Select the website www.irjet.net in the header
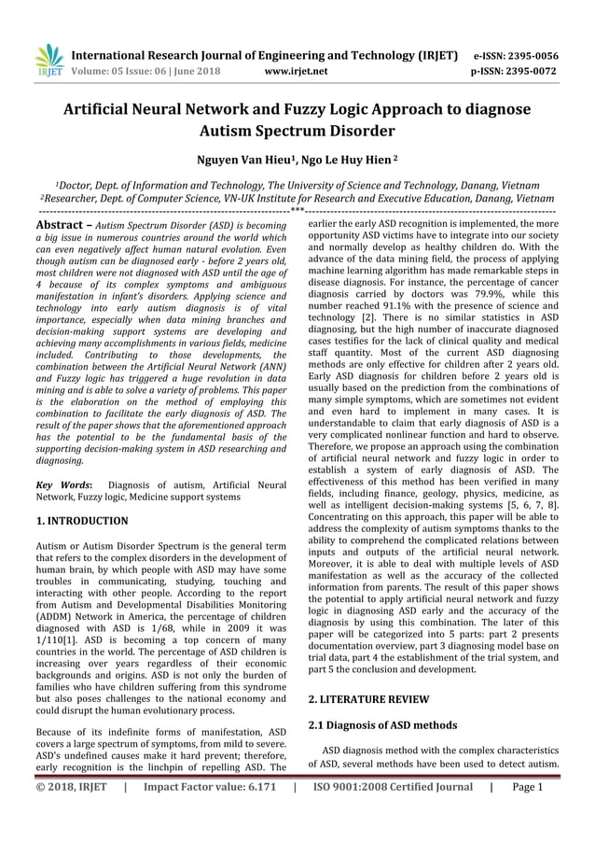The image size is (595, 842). click(296, 70)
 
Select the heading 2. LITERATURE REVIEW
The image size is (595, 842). click(368, 698)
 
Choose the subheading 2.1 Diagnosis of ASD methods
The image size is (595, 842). click(382, 725)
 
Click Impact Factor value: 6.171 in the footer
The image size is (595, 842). click(210, 787)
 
